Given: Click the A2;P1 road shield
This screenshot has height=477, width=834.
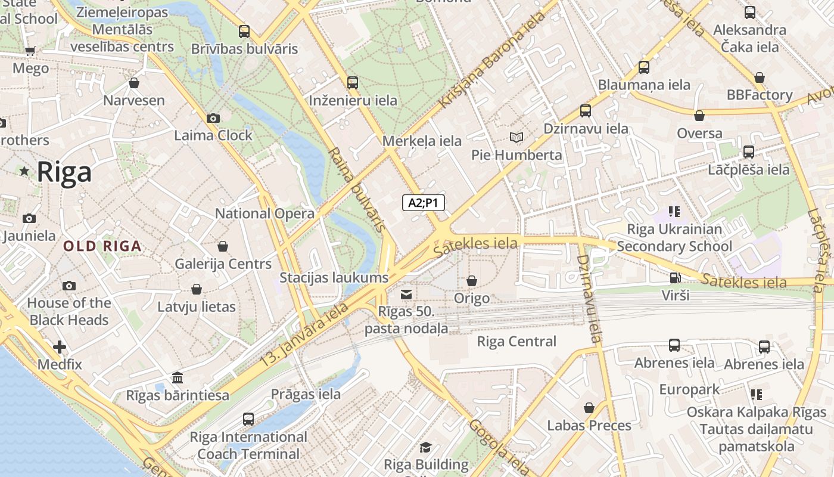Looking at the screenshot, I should pyautogui.click(x=423, y=203).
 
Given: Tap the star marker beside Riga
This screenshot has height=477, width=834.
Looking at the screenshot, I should pyautogui.click(x=24, y=172).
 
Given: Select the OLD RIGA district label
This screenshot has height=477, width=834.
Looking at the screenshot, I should pyautogui.click(x=102, y=246).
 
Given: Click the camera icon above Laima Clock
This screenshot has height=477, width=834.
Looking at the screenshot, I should pyautogui.click(x=213, y=118).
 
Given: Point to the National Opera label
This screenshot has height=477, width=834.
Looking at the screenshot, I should pyautogui.click(x=264, y=213).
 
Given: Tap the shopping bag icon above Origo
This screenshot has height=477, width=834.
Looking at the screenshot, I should pyautogui.click(x=472, y=280).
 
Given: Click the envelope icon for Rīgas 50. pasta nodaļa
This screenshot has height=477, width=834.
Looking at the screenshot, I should pyautogui.click(x=406, y=294).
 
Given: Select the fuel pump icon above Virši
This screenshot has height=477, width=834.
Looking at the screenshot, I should pyautogui.click(x=675, y=278).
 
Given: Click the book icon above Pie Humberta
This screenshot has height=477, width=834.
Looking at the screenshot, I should pyautogui.click(x=516, y=138).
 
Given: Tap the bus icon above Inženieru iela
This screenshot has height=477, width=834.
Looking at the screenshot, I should pyautogui.click(x=353, y=83).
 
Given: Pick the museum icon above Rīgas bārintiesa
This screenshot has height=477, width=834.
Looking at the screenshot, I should pyautogui.click(x=177, y=378).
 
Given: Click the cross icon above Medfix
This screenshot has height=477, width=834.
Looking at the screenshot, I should pyautogui.click(x=60, y=346).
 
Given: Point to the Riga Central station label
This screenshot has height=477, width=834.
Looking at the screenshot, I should pyautogui.click(x=516, y=342).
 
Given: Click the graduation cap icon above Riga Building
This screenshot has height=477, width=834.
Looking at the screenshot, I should pyautogui.click(x=425, y=447).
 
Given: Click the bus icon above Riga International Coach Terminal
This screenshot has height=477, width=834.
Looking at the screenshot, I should pyautogui.click(x=248, y=419).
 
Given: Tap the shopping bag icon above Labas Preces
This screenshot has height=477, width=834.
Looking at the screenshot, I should pyautogui.click(x=589, y=408).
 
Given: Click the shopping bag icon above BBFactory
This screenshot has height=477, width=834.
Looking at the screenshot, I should pyautogui.click(x=759, y=78).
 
